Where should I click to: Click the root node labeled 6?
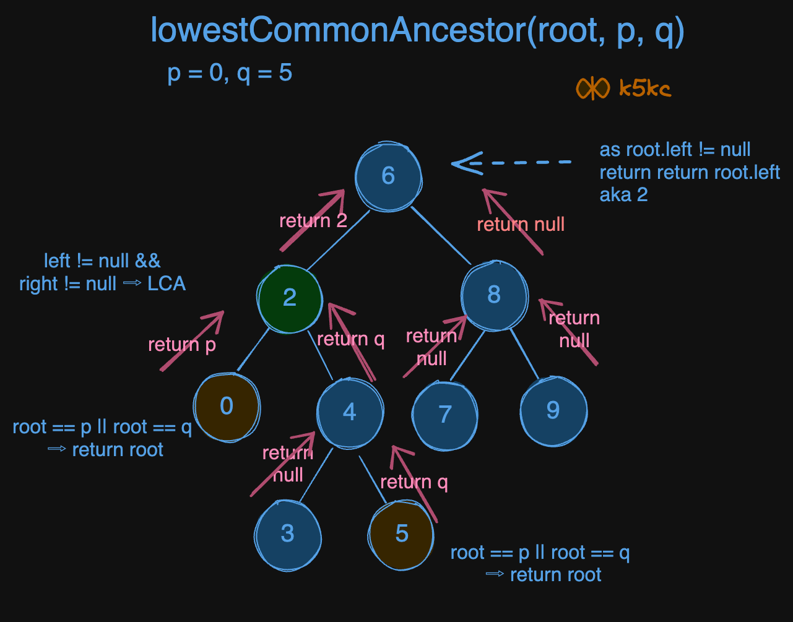[388, 176]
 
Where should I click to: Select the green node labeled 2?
[290, 298]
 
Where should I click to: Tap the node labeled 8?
[494, 295]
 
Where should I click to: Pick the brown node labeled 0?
[227, 407]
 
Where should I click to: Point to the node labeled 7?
[445, 415]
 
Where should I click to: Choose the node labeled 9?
[553, 410]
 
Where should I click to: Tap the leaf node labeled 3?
[288, 533]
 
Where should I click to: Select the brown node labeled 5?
[401, 533]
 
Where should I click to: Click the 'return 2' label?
[313, 221]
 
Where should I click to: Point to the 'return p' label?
[182, 344]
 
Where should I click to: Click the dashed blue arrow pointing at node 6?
[511, 163]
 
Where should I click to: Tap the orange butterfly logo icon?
[593, 89]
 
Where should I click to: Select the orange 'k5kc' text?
[644, 89]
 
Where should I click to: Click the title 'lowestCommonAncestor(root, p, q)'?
[417, 31]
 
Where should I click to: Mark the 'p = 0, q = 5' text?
[230, 74]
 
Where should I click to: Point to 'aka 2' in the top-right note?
[623, 195]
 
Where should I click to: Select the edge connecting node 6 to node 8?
[441, 236]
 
